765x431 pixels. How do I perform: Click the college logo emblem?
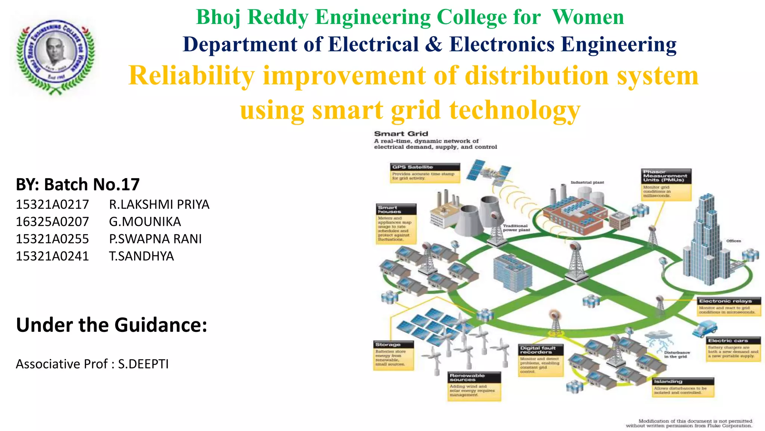tap(55, 56)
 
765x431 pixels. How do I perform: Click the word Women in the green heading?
tap(588, 17)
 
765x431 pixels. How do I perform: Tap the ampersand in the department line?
tap(433, 45)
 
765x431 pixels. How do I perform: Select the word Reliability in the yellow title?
tap(191, 76)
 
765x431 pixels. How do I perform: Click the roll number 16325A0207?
tap(52, 221)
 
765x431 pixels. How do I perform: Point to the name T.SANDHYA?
tap(141, 256)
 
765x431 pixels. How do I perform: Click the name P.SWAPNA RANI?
tap(155, 239)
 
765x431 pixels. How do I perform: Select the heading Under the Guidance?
tap(111, 325)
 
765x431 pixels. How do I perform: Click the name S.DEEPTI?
tap(143, 364)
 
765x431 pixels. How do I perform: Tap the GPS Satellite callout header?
tap(425, 167)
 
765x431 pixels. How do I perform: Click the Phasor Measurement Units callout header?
tap(665, 176)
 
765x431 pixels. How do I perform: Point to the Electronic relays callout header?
tap(728, 301)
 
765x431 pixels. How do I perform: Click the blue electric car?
tap(704, 328)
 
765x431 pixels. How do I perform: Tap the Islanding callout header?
tap(683, 381)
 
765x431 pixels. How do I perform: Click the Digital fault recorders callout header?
tap(541, 350)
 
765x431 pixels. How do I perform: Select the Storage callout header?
tap(393, 344)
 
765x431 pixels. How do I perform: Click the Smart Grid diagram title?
tap(401, 134)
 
